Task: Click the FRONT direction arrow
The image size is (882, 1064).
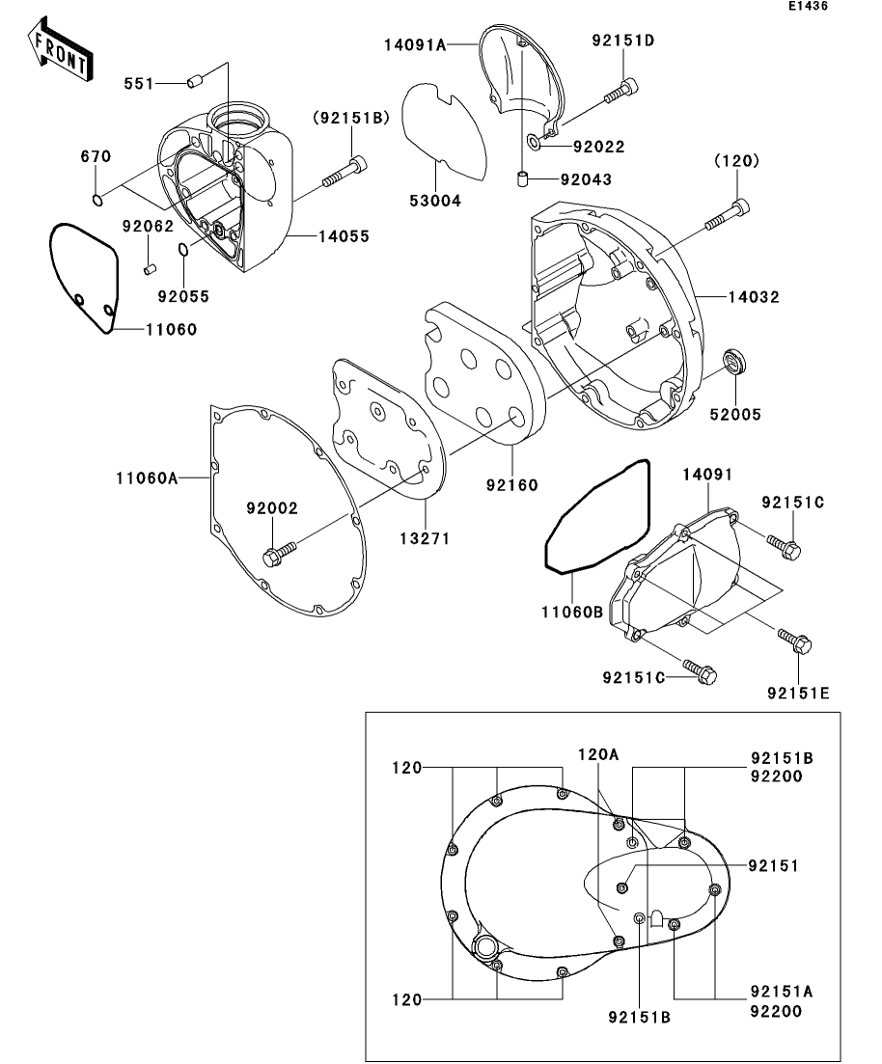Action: pos(61,52)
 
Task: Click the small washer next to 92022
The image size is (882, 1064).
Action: pos(534,144)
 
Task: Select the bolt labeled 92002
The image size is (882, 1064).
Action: pos(279,553)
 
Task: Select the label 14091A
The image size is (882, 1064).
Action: pos(415,42)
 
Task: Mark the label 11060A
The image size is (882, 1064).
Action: pos(148,477)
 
